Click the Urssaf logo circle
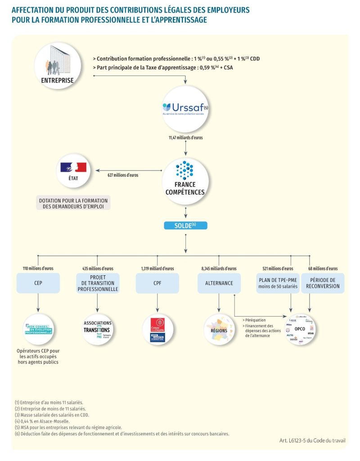pos(185,108)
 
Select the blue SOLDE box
pos(185,225)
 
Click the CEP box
pos(38,283)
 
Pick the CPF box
pos(157,283)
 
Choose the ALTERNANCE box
pos(219,283)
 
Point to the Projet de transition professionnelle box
pos(98,283)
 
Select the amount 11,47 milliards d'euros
pos(185,137)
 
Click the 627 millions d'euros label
pos(123,175)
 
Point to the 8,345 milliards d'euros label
pos(219,269)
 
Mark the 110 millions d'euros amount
pos(38,269)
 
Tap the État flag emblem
pos(73,167)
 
